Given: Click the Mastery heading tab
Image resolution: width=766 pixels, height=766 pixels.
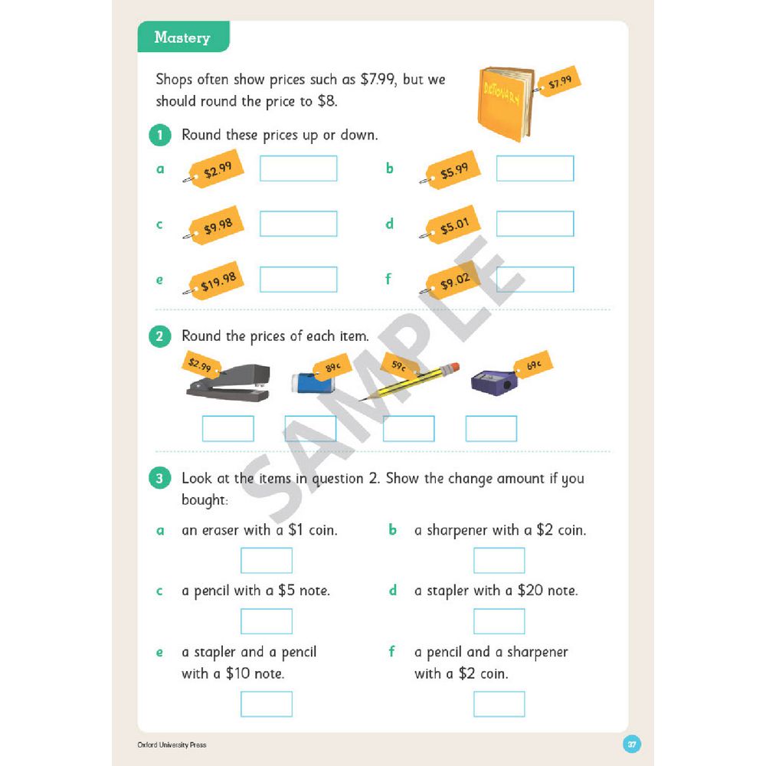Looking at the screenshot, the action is tap(183, 37).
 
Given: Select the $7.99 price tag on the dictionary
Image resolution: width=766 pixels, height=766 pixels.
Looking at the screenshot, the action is tap(558, 81).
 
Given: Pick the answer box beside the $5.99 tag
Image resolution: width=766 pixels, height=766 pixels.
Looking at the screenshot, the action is tap(535, 169).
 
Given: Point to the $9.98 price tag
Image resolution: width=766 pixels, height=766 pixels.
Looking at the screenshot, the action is tap(216, 225).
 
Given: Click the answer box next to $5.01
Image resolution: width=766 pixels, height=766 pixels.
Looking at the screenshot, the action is tap(535, 224).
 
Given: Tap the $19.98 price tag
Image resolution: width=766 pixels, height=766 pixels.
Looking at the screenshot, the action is tap(216, 280).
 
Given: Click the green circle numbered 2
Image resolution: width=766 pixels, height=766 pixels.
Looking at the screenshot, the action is tap(160, 336).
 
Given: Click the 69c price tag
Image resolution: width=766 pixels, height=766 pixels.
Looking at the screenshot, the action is tap(533, 365).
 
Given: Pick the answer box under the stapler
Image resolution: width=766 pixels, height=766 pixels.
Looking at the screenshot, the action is tap(228, 428).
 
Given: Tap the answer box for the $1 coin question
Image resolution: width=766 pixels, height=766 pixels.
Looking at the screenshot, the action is tap(267, 561).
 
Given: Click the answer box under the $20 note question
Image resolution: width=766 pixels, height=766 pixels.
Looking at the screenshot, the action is tap(499, 621).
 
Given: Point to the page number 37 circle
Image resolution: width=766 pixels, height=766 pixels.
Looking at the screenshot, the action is tap(632, 744).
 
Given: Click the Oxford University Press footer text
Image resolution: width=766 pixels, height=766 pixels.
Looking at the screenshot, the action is tap(172, 745).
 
